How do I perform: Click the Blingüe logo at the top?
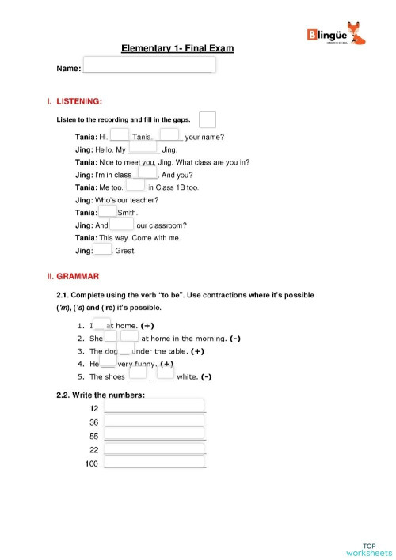335,35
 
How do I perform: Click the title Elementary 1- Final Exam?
177,49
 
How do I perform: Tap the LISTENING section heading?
77,101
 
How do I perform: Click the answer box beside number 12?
154,407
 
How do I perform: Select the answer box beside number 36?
154,421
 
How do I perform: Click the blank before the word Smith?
107,212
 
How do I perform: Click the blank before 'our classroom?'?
121,225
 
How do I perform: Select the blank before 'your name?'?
169,135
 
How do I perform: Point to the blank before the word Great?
103,250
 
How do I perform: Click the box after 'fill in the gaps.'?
208,119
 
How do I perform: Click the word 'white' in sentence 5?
187,376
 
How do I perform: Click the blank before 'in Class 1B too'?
135,187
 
